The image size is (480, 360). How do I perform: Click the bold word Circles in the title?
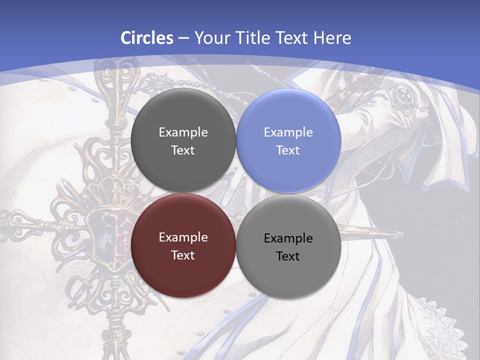[147, 38]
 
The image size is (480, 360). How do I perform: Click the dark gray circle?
[183, 141]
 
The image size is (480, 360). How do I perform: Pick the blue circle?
[288, 141]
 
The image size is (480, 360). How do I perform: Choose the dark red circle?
[183, 246]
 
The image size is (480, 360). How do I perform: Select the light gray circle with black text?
[288, 247]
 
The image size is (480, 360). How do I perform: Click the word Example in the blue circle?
[288, 132]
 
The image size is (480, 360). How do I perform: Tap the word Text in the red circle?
[183, 255]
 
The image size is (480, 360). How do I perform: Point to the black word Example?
[288, 238]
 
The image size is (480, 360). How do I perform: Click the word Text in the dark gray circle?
[183, 150]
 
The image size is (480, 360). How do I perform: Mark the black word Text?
[288, 256]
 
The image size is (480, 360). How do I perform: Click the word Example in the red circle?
[183, 237]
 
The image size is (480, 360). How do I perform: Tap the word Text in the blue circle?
[288, 150]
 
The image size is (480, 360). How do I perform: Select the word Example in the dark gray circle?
[183, 132]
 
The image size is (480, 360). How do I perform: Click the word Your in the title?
[210, 38]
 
